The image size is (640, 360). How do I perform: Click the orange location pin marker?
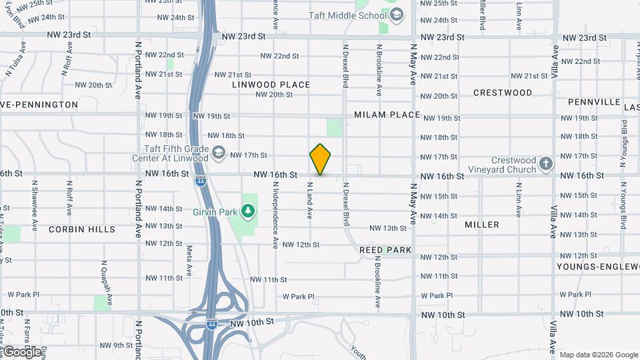[321, 159]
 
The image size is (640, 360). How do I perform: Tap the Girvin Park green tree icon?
[249, 211]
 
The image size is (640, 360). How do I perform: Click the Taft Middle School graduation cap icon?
[397, 15]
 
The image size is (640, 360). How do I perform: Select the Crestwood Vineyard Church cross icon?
[546, 163]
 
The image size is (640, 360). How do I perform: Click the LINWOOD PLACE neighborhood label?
[271, 85]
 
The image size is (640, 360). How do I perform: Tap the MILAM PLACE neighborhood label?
[387, 115]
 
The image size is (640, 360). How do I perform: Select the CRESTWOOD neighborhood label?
[503, 93]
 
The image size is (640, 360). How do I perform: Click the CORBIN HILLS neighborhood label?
[82, 229]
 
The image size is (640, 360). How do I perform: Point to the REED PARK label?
[385, 249]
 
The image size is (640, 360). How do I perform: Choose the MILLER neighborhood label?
[482, 225]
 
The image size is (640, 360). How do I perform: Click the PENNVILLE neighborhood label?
[595, 103]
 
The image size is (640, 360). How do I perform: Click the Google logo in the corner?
[21, 352]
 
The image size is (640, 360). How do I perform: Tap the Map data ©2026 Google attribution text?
[598, 355]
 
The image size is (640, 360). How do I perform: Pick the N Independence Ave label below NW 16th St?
[275, 217]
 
